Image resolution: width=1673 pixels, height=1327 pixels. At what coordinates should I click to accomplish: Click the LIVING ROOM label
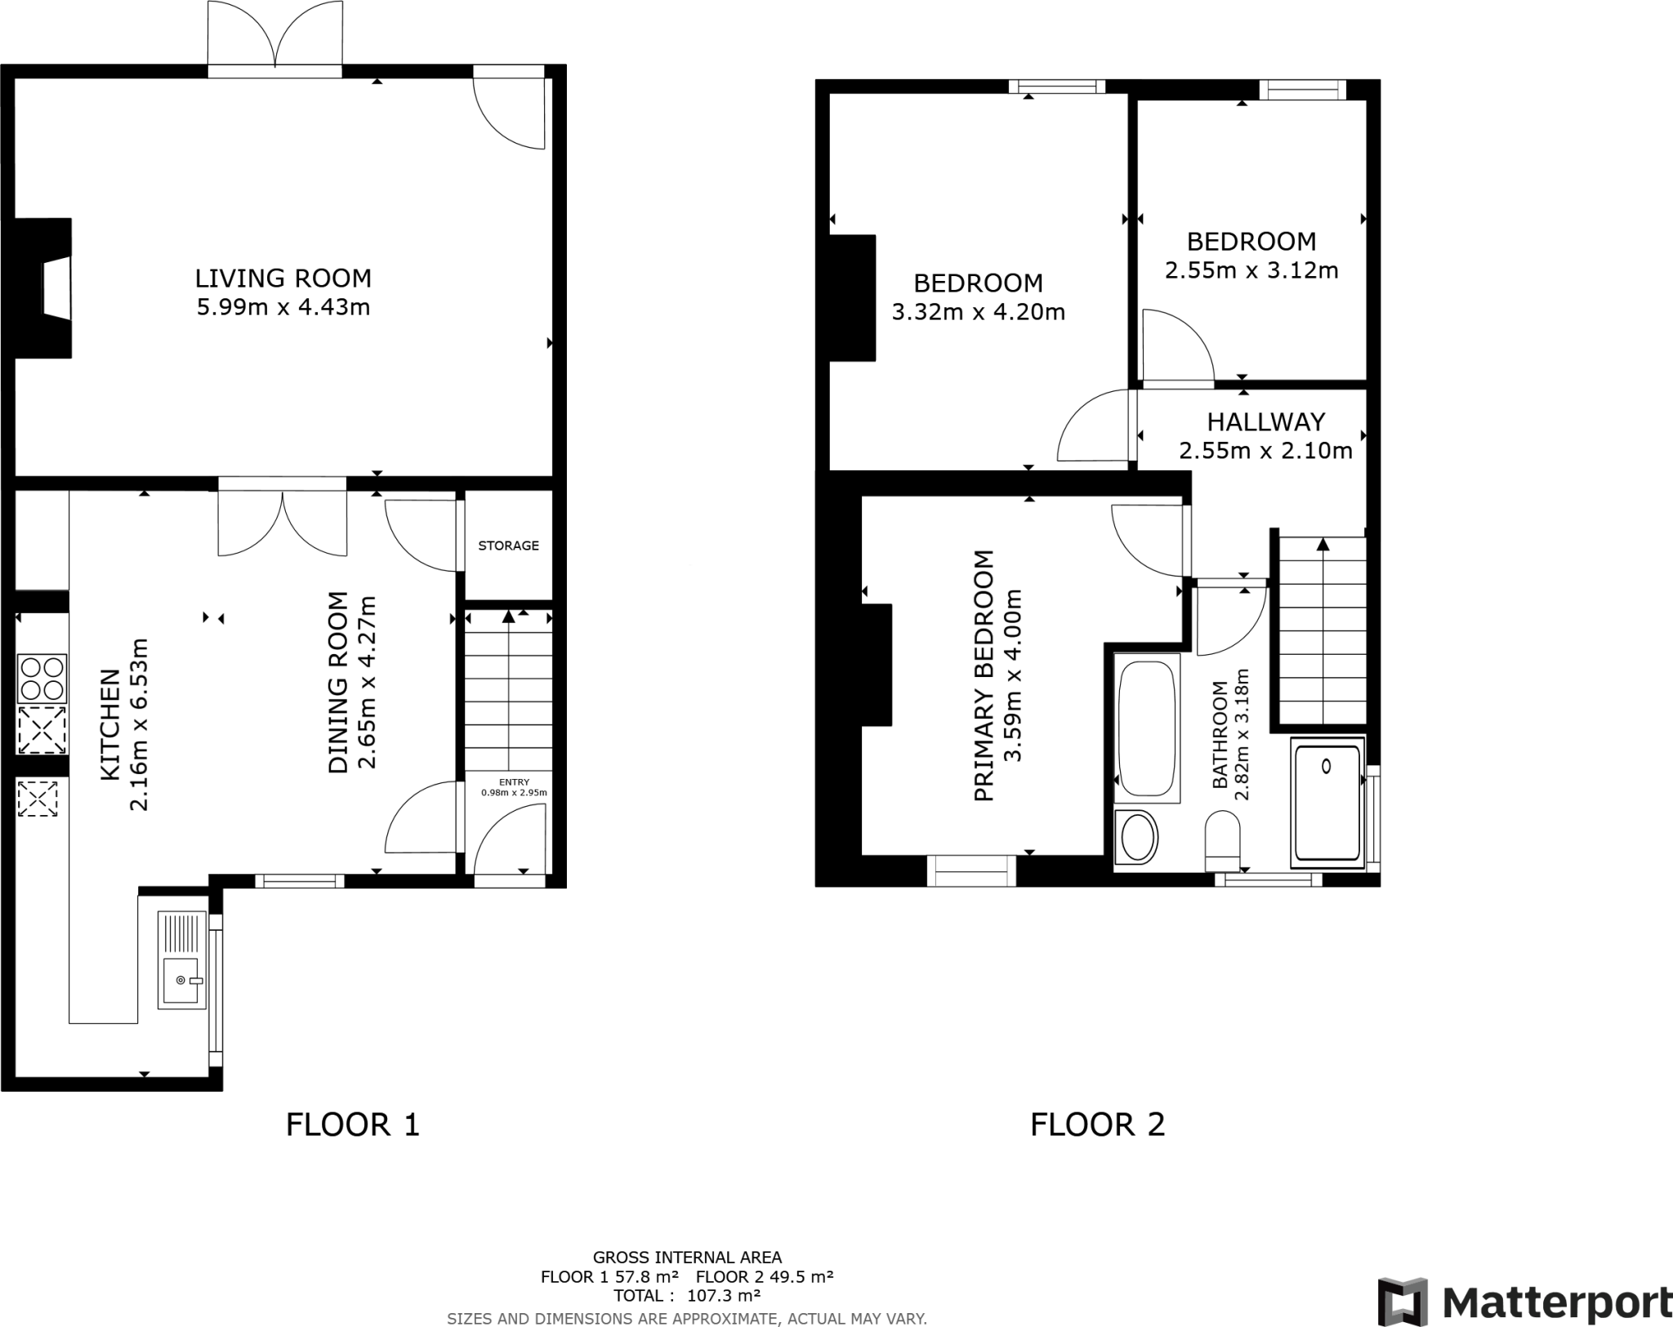(283, 278)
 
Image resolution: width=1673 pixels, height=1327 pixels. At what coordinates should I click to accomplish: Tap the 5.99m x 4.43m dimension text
(283, 308)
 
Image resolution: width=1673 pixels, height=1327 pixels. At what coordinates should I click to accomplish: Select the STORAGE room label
(508, 545)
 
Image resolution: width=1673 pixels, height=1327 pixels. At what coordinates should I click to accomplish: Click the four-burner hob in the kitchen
(42, 679)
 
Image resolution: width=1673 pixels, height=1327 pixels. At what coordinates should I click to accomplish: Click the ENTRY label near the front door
(514, 782)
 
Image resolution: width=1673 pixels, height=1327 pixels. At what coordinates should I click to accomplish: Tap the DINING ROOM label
(338, 682)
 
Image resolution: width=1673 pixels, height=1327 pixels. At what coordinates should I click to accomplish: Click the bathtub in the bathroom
(1147, 728)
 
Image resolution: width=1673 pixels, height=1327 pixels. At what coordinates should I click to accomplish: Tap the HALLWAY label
(1266, 422)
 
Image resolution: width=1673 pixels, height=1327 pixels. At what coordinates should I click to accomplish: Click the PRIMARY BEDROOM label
(984, 675)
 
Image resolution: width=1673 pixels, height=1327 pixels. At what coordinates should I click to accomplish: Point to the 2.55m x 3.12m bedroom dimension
(1251, 270)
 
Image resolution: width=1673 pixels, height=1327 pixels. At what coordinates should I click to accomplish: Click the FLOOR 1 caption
(352, 1124)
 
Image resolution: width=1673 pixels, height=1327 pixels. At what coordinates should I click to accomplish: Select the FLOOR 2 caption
(1097, 1124)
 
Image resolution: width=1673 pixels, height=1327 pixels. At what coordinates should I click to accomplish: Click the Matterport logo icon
(1403, 1302)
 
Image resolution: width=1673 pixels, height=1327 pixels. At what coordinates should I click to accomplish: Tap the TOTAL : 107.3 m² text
(687, 1295)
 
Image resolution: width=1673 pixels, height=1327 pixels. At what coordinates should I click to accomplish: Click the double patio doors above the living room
(276, 37)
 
